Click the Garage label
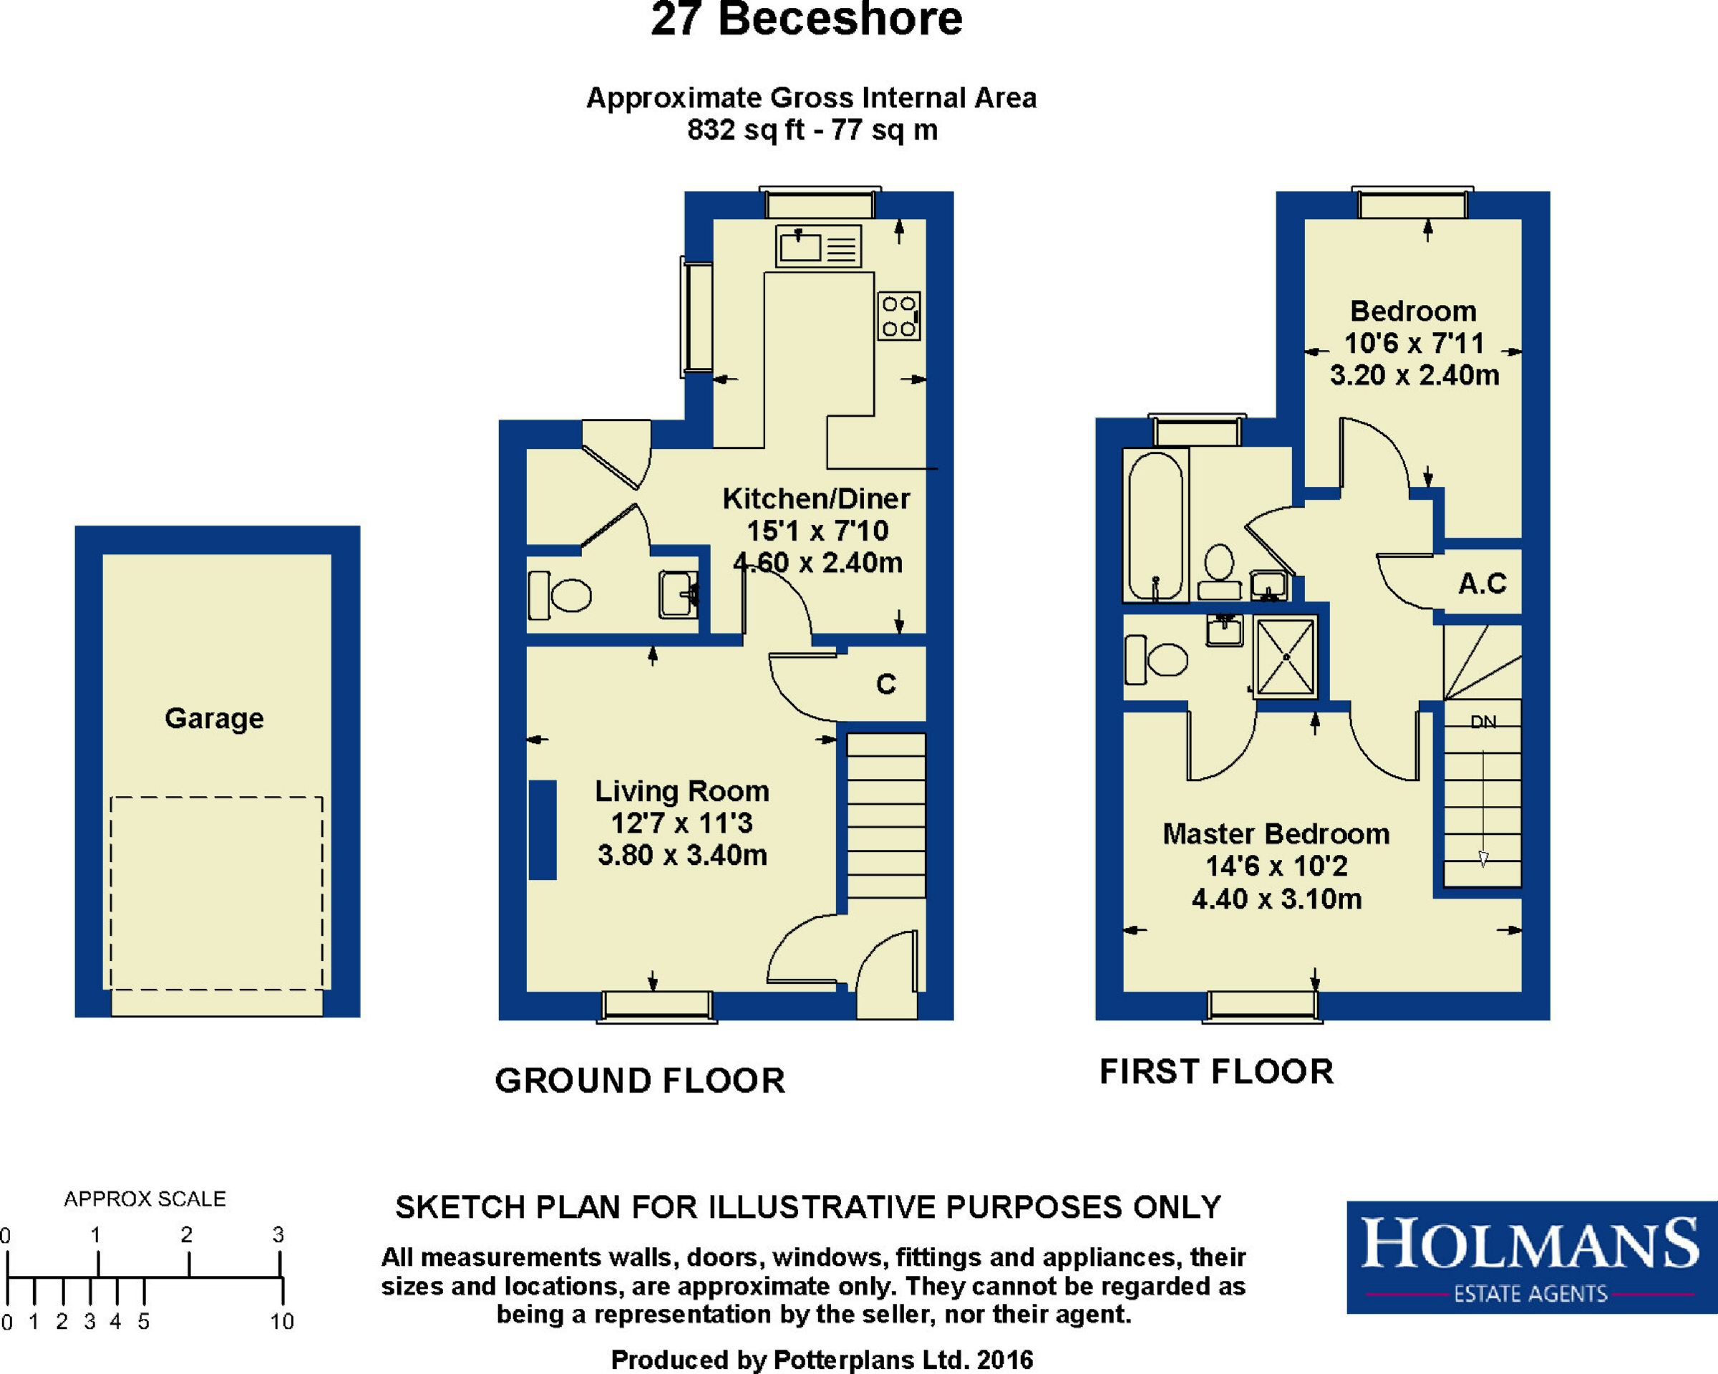213,719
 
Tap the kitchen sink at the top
818,246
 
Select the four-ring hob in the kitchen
899,316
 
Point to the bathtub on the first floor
1155,526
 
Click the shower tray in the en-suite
1286,657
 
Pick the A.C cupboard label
1482,584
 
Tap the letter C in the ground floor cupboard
886,684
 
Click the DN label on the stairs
1483,722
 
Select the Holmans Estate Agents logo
1532,1257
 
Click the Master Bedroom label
1276,833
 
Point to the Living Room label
682,790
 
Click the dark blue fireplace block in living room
543,830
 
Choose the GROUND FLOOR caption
640,1081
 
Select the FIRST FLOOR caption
1216,1072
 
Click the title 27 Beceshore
807,19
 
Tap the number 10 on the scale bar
282,1322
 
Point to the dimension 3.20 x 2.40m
1414,374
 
